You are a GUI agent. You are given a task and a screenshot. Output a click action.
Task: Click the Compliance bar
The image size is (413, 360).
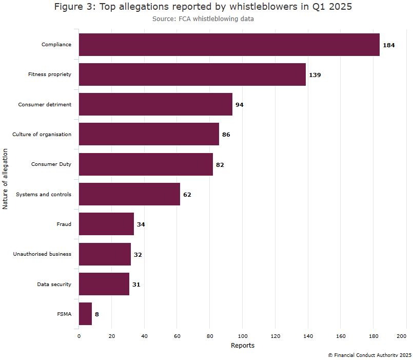(x=229, y=45)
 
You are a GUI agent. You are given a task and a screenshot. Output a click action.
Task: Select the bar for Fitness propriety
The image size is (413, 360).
(x=192, y=74)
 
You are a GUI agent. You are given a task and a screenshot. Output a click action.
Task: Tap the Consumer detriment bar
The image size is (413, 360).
(x=155, y=104)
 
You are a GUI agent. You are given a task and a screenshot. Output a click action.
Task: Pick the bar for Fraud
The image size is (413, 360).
(x=106, y=224)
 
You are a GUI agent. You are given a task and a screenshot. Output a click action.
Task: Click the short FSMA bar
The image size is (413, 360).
(x=85, y=314)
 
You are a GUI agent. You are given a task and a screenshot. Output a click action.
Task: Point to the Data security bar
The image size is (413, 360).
(x=104, y=284)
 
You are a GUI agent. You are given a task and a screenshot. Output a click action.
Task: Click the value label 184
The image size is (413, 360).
(x=388, y=45)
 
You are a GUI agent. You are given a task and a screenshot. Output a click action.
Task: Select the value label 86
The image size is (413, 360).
(x=226, y=135)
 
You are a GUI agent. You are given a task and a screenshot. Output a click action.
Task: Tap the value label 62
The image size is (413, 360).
(x=187, y=195)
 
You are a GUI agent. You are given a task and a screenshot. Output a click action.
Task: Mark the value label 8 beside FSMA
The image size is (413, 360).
(x=96, y=314)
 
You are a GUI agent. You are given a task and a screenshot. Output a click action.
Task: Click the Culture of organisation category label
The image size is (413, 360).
(x=42, y=135)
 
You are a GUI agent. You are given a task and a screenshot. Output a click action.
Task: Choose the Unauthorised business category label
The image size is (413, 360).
(x=42, y=254)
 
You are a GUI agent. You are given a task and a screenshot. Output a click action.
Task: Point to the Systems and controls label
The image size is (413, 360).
(x=44, y=195)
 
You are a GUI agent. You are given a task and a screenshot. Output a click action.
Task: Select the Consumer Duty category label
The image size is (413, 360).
(x=51, y=164)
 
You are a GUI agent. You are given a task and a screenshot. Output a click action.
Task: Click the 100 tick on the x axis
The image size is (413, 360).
(x=242, y=336)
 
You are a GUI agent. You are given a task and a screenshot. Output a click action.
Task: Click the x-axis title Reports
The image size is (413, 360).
(x=242, y=346)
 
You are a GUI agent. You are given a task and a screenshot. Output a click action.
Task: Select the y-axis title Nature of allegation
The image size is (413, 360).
(x=6, y=179)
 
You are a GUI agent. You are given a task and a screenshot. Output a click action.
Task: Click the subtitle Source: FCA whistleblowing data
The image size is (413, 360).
(x=203, y=19)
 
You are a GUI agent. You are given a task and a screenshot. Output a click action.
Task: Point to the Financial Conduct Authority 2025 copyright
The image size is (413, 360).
(x=369, y=355)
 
